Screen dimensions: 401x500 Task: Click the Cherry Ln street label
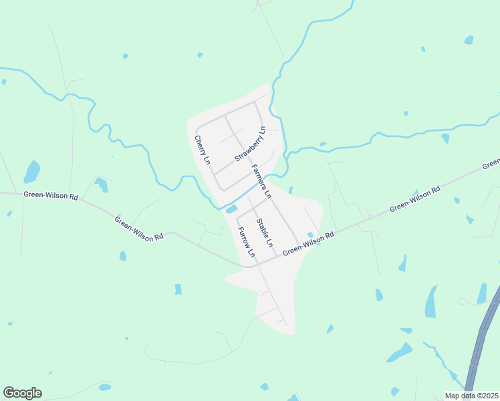point(203,151)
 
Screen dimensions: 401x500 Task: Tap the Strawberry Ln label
point(251,144)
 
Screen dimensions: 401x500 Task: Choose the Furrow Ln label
point(246,242)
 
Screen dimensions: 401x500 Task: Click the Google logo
point(22,393)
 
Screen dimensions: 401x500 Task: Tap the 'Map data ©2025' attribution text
point(471,396)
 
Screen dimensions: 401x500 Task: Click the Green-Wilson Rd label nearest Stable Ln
point(308,245)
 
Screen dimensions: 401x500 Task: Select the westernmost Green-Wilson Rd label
point(51,196)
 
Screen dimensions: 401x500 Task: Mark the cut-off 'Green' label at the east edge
point(491,164)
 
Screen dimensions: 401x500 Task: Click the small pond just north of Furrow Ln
point(231,210)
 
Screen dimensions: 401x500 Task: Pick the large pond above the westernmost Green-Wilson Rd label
point(31,171)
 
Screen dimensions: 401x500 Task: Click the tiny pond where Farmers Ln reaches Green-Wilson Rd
point(310,235)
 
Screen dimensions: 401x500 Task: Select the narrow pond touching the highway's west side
point(482,293)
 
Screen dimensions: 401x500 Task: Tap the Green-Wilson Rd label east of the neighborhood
point(415,198)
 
